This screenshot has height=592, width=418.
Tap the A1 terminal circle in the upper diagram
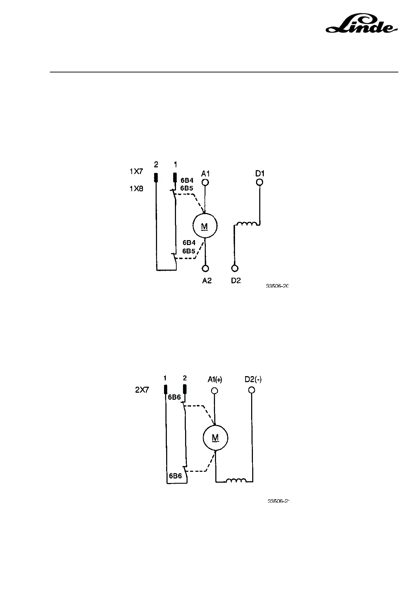click(205, 182)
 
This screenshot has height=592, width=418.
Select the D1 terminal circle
click(260, 182)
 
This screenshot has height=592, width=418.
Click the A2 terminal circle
click(205, 269)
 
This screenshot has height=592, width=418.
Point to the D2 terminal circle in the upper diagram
click(235, 269)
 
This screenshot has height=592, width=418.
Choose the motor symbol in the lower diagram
click(215, 438)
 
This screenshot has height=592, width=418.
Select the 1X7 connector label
click(136, 172)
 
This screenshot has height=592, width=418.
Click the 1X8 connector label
click(136, 188)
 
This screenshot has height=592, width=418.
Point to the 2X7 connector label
click(142, 390)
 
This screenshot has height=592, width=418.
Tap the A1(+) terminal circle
click(214, 391)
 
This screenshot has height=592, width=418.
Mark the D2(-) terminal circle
click(251, 390)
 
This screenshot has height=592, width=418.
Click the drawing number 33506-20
click(277, 286)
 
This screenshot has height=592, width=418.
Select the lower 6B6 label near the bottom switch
click(175, 476)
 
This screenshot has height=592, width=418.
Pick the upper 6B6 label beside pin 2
click(174, 397)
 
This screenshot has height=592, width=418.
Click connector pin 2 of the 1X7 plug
click(156, 178)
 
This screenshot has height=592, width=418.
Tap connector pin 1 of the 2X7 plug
click(165, 389)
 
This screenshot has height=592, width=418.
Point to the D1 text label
click(260, 174)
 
